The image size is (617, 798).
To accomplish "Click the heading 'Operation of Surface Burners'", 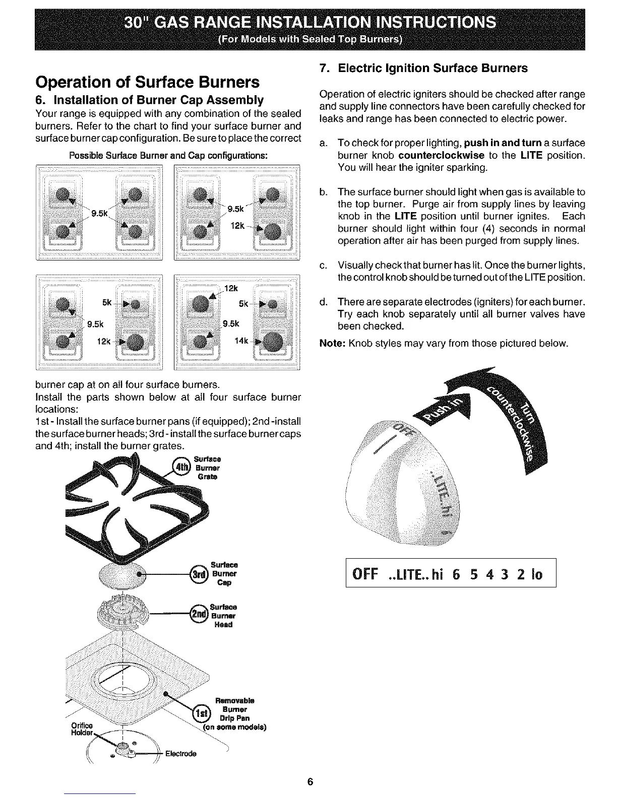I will (x=147, y=82).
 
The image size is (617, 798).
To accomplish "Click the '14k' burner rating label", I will (x=241, y=341).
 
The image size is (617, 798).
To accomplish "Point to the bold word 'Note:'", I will (x=333, y=344).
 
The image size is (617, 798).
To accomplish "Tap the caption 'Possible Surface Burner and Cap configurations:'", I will (x=168, y=155).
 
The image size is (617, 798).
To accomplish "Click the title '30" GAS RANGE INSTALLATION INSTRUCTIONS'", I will (x=310, y=23).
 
